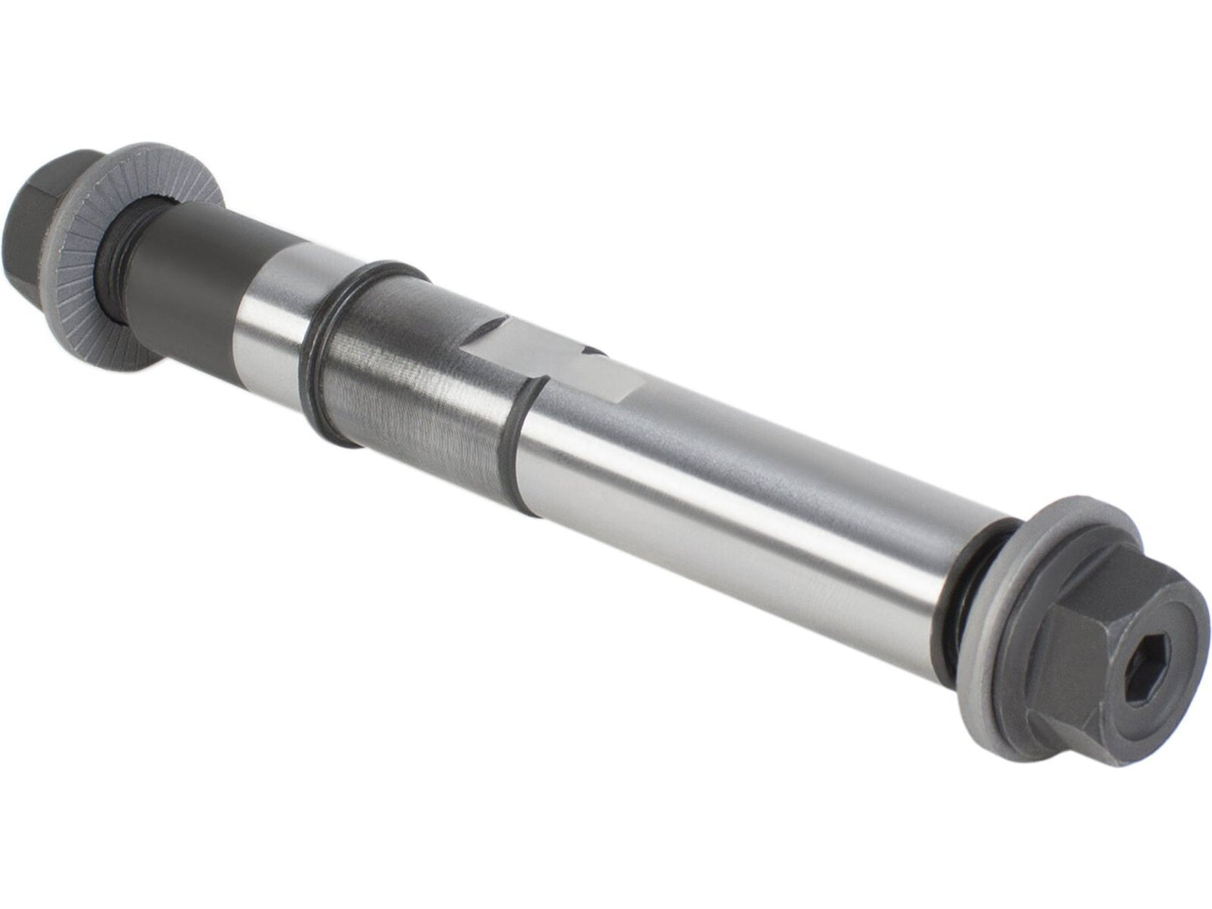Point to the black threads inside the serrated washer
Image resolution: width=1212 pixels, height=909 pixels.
click(x=117, y=243)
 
